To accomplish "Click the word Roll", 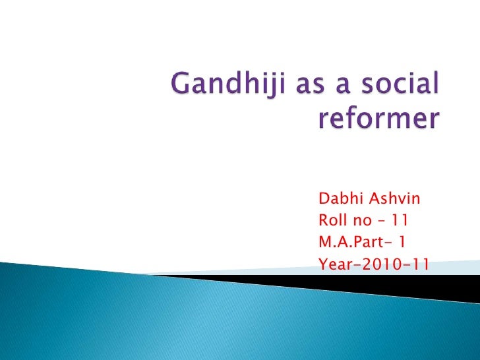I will (x=332, y=221).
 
